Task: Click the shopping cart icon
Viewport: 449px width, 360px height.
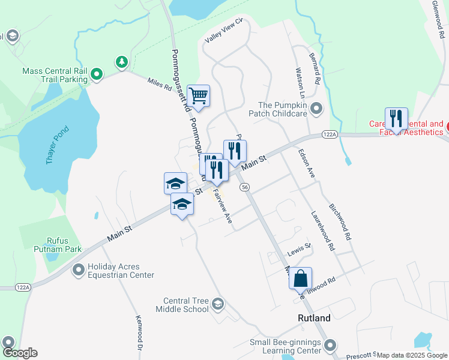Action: pos(198,95)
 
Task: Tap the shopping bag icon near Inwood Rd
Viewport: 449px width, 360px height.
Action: pos(300,278)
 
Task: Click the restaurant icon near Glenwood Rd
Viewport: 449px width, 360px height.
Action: pos(396,119)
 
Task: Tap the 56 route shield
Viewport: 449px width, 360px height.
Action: pos(244,187)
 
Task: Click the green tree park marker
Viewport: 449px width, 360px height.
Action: pos(122,62)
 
